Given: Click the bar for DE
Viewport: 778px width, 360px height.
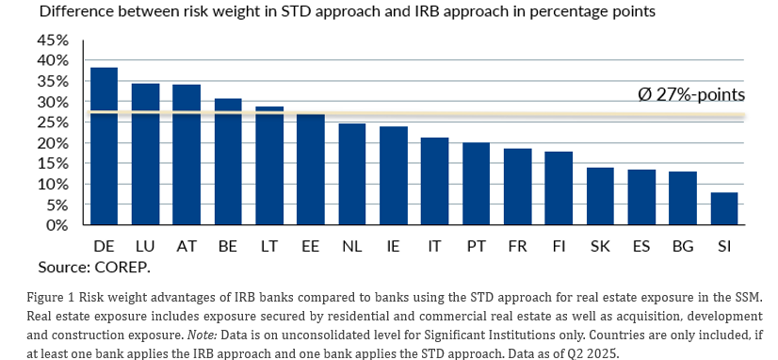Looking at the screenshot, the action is (x=105, y=146).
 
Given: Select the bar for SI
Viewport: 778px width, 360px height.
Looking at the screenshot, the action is (x=724, y=208).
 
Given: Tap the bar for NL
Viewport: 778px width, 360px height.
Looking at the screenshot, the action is (x=351, y=174).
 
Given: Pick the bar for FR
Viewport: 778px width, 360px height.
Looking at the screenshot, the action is (x=517, y=187).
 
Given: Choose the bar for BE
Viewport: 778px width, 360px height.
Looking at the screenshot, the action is (x=228, y=162).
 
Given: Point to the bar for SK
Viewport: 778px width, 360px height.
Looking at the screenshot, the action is (x=600, y=196).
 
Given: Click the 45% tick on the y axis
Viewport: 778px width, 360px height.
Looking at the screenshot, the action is (x=52, y=41).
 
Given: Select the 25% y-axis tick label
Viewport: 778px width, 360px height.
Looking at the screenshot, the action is (x=52, y=123).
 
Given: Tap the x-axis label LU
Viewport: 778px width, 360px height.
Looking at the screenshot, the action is (x=145, y=245).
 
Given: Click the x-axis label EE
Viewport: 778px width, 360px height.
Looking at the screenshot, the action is (x=311, y=245).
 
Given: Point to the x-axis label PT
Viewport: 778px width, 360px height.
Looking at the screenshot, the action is (x=476, y=245).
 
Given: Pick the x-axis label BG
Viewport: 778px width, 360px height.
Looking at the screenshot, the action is (x=683, y=245).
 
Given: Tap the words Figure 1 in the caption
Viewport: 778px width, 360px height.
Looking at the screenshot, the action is (x=51, y=298).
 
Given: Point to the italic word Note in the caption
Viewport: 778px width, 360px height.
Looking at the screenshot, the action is (x=202, y=335).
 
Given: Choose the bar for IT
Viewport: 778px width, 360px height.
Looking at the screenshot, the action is (x=434, y=181).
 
